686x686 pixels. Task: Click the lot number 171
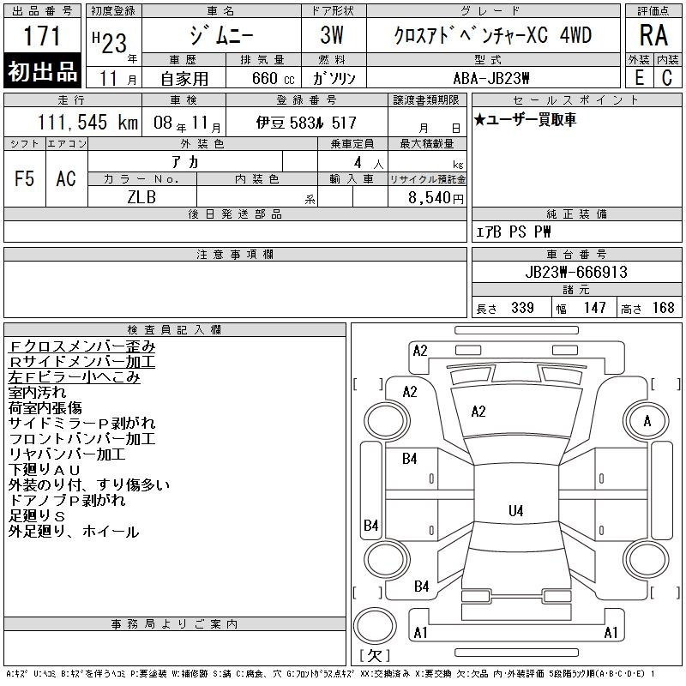click(x=41, y=35)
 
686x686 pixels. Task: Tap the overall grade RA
click(x=653, y=35)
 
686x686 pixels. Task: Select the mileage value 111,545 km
click(x=87, y=122)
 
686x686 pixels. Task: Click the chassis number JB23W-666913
click(x=576, y=272)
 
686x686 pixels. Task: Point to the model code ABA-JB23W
click(x=491, y=79)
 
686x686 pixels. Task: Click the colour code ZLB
click(x=141, y=197)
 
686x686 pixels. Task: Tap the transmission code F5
click(x=24, y=178)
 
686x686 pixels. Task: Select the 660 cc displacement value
click(x=273, y=79)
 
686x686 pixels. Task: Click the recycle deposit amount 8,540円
click(x=436, y=198)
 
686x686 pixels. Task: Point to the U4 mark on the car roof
click(x=516, y=510)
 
